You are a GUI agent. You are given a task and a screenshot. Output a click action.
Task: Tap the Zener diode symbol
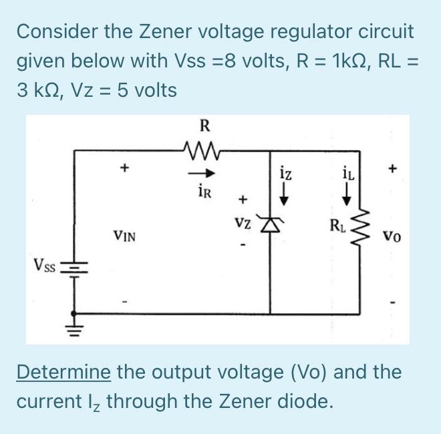pyautogui.click(x=271, y=228)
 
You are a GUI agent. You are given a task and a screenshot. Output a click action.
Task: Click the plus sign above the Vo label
pyautogui.click(x=394, y=170)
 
